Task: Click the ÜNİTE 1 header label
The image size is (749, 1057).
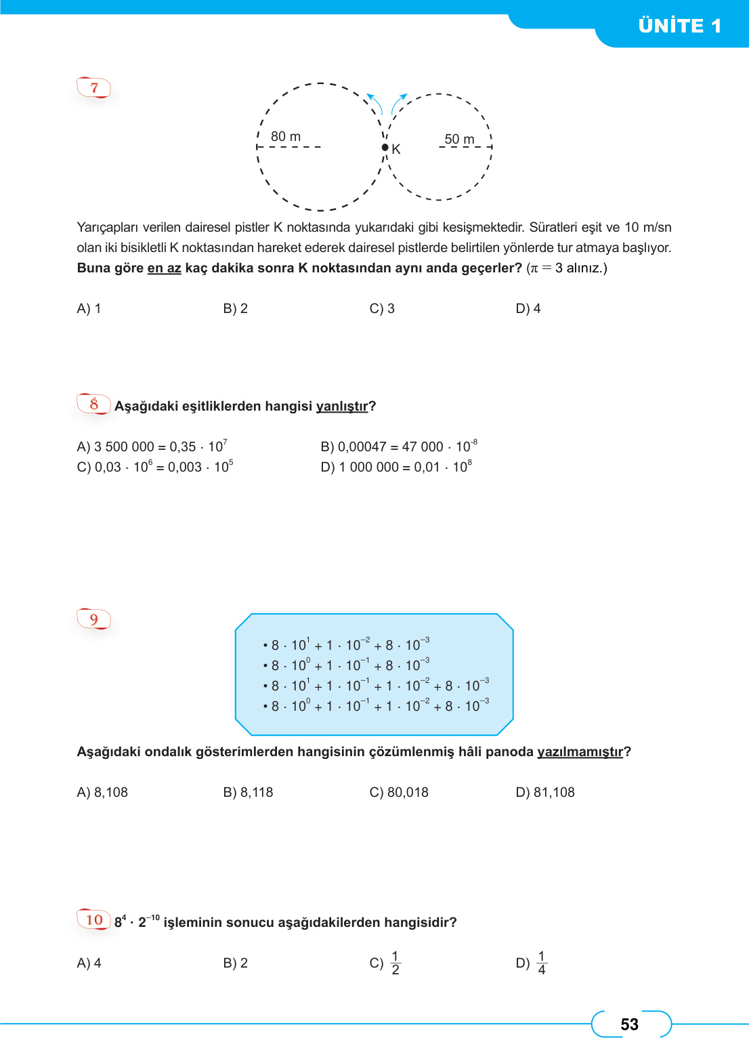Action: tap(679, 26)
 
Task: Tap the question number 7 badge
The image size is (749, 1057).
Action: tap(94, 87)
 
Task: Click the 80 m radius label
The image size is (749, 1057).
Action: tap(285, 137)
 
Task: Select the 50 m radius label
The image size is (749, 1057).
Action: tap(459, 139)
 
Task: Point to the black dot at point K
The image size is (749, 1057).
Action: tap(385, 148)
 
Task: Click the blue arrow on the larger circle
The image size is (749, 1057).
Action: tap(374, 103)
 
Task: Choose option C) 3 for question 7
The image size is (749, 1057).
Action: tap(382, 309)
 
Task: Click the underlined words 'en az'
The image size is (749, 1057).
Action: tap(164, 268)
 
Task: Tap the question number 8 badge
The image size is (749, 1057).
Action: tap(94, 405)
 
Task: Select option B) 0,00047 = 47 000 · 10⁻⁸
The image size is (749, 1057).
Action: tap(398, 447)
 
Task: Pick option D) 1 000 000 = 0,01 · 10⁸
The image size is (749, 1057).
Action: tap(395, 467)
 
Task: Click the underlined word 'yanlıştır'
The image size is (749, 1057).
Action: tap(342, 407)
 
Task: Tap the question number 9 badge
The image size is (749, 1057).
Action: tap(94, 619)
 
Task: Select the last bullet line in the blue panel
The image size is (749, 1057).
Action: tap(377, 706)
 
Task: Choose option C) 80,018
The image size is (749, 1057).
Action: tap(399, 793)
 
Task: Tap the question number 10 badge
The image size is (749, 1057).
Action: tap(94, 919)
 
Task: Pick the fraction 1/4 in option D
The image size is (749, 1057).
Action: tap(541, 963)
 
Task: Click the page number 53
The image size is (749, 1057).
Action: tap(629, 1024)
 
